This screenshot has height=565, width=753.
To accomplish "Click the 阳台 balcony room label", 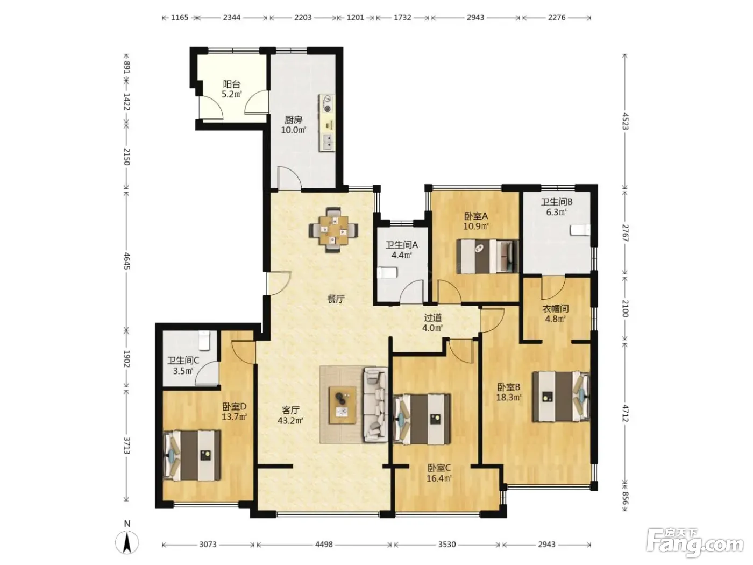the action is (232, 84).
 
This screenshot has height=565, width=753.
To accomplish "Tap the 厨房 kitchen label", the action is (293, 119).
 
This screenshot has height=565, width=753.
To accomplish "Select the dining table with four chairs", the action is (333, 229).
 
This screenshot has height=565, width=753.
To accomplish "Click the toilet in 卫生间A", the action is (387, 273).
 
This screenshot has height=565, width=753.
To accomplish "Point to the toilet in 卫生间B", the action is (580, 230).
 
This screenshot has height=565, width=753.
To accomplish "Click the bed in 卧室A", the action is (487, 256).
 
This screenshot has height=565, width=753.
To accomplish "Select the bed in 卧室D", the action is (191, 455).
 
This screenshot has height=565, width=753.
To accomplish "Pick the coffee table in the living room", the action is (342, 405).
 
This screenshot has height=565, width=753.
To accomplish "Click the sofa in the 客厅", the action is (375, 404).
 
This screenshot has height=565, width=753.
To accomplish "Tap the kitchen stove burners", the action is (328, 104).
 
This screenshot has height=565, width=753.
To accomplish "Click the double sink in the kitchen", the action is (328, 142).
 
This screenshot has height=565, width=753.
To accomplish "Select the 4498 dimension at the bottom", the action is (324, 544).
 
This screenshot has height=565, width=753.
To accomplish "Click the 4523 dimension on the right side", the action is (625, 121).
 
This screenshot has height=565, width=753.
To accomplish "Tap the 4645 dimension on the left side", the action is (127, 261).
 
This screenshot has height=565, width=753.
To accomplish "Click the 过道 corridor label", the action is (432, 317).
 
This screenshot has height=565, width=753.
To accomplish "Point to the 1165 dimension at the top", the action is (180, 18).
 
